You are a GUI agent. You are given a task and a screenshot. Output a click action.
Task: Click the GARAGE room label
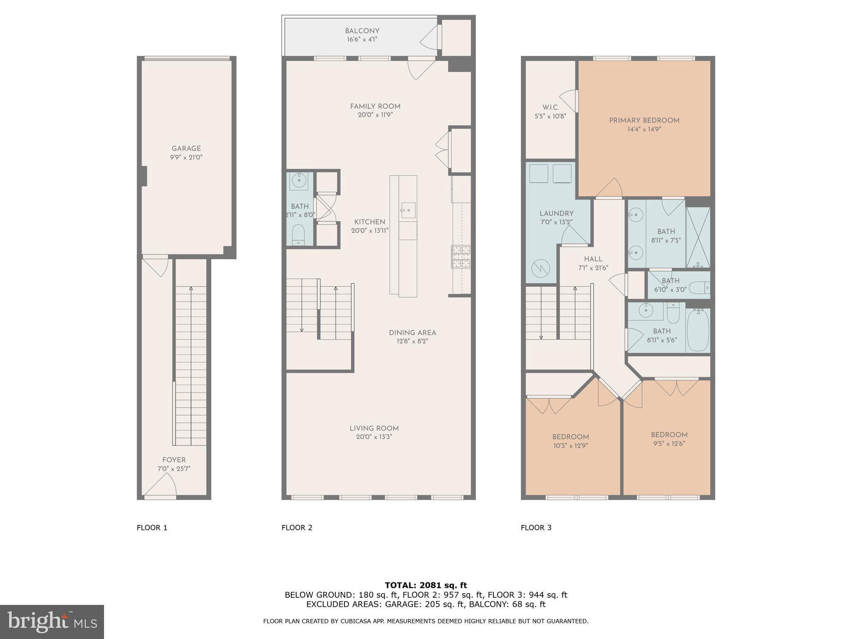(186, 149)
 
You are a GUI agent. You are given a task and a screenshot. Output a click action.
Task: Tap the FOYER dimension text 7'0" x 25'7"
(174, 469)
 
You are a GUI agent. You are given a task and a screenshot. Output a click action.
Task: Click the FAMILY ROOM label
(375, 106)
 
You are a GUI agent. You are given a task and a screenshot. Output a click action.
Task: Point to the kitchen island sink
(408, 210)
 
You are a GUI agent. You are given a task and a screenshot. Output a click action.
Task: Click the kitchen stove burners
(461, 256)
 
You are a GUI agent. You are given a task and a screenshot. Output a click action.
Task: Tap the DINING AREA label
(412, 333)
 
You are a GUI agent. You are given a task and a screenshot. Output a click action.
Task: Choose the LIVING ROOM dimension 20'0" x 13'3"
(374, 437)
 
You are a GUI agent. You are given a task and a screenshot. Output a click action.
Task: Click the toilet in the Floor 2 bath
(298, 235)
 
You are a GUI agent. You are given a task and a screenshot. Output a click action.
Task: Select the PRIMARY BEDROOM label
(644, 121)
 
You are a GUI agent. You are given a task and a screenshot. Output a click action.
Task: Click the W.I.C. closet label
(550, 107)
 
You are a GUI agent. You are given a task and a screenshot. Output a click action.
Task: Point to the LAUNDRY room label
(556, 213)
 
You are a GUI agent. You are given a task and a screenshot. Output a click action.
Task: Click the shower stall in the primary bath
(698, 237)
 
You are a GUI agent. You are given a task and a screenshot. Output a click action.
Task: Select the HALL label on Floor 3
(593, 259)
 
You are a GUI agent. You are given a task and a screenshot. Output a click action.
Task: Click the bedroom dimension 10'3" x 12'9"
(570, 446)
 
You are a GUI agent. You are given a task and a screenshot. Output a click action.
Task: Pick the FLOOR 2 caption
(297, 528)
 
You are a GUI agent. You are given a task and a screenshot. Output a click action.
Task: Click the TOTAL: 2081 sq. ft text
(426, 585)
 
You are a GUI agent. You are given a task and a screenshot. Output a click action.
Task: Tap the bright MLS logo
(52, 622)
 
